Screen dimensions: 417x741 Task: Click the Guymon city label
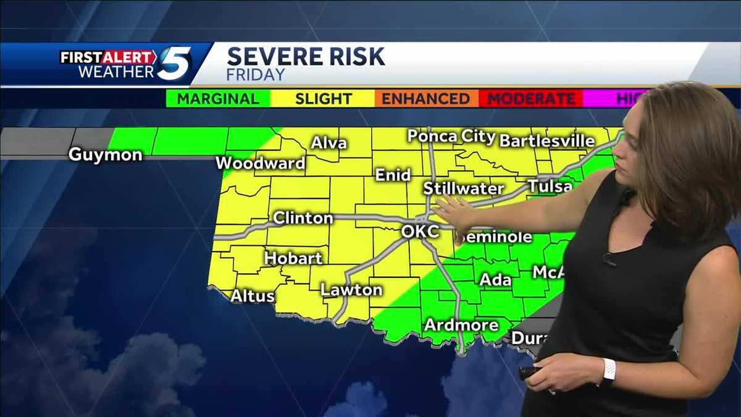(x=105, y=154)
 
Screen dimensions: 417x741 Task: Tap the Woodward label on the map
(x=261, y=164)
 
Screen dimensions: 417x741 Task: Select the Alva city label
(x=329, y=144)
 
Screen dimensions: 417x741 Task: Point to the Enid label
(x=393, y=175)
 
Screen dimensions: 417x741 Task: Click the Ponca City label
(x=451, y=137)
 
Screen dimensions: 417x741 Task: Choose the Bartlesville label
(x=547, y=141)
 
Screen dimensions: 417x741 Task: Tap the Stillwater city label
(x=463, y=188)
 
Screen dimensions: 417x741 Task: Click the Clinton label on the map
(x=303, y=218)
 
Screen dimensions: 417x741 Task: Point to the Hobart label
(x=293, y=258)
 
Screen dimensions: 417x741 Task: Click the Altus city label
(x=252, y=297)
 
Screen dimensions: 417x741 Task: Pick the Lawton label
(x=351, y=290)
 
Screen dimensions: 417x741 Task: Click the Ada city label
(x=495, y=280)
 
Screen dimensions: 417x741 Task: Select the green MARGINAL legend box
(x=218, y=99)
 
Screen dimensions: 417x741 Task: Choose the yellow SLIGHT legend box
(x=323, y=99)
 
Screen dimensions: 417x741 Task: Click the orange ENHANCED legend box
(x=426, y=99)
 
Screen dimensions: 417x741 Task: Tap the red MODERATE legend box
(x=531, y=99)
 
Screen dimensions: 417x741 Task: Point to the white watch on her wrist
(x=608, y=371)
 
